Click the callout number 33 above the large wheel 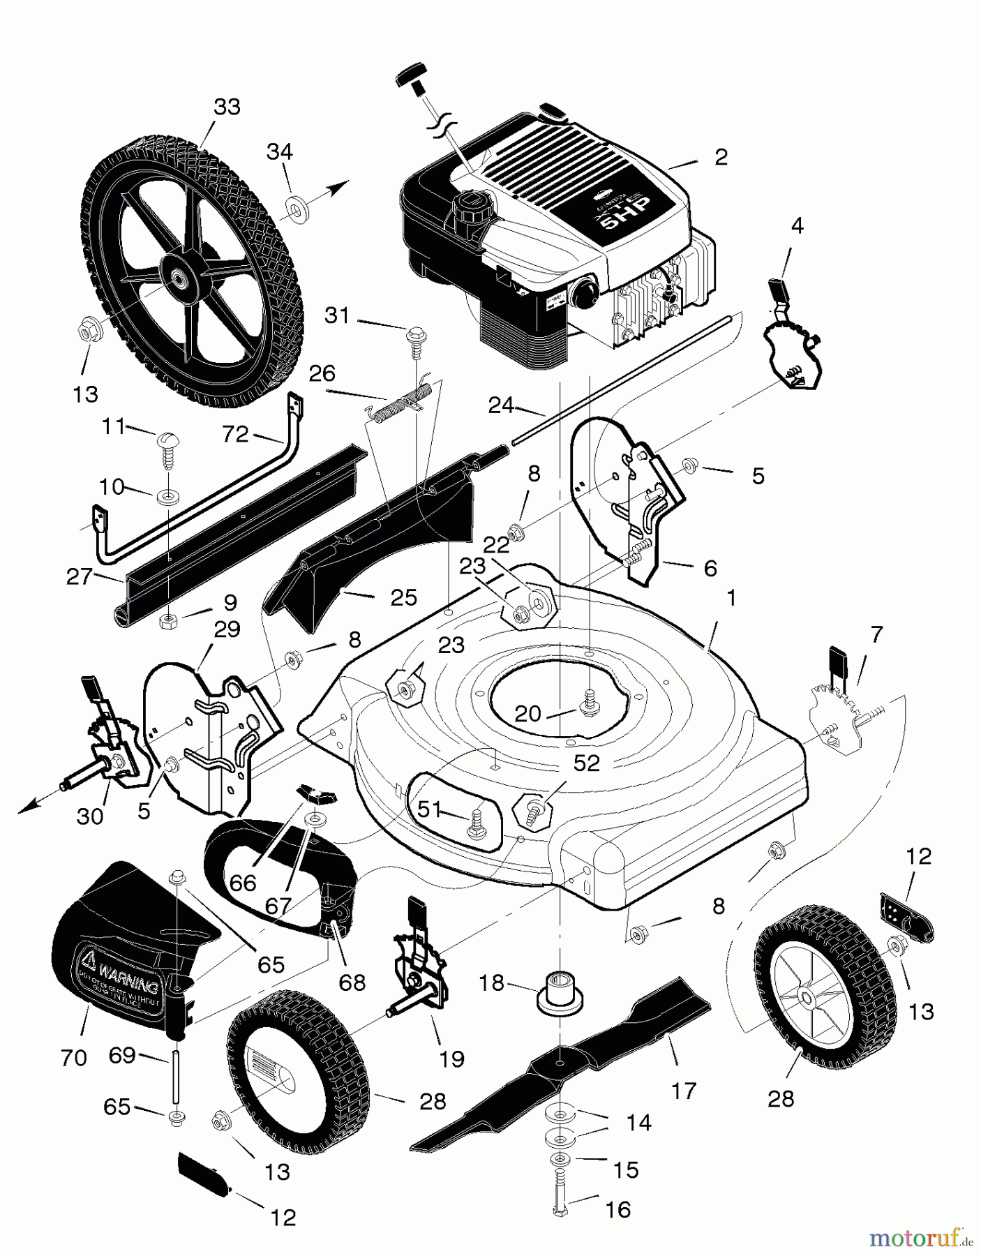pyautogui.click(x=227, y=107)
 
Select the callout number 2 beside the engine pyautogui.click(x=721, y=156)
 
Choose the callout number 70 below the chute pyautogui.click(x=73, y=1058)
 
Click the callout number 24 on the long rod pyautogui.click(x=501, y=405)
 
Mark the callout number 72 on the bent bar pyautogui.click(x=235, y=434)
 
